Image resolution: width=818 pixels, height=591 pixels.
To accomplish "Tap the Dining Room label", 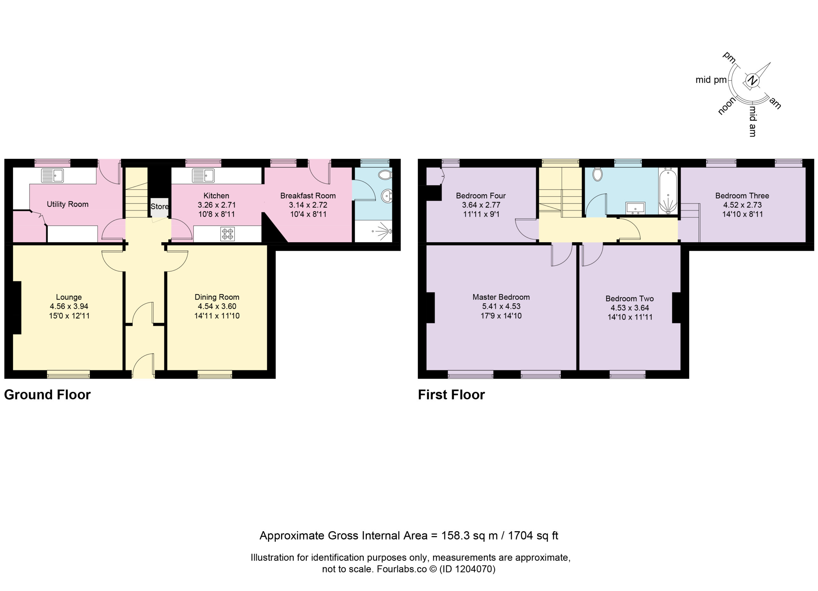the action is click(x=217, y=297).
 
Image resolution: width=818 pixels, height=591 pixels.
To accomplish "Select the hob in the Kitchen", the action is click(x=227, y=234).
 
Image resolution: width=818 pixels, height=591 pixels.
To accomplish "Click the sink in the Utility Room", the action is click(x=52, y=176).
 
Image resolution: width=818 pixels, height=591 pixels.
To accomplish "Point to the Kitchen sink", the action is click(x=203, y=176).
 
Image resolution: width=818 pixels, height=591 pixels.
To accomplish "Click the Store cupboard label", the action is click(x=159, y=206).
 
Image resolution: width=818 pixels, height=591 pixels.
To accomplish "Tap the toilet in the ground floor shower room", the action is click(x=385, y=175).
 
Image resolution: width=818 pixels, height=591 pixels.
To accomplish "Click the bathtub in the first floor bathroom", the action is click(x=668, y=191).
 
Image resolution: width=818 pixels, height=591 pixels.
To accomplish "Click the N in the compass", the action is click(x=752, y=80).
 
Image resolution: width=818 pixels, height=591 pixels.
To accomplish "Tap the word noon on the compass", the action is click(x=726, y=106).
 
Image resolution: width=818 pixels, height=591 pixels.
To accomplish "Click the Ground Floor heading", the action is click(x=47, y=395).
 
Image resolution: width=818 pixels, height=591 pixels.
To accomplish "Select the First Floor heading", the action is click(x=451, y=395).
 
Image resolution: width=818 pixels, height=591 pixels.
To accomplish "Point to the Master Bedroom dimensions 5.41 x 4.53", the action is click(x=501, y=306).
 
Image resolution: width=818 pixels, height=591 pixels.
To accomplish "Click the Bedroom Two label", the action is click(x=629, y=299).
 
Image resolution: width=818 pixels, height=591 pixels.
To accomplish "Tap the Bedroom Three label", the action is click(x=742, y=196).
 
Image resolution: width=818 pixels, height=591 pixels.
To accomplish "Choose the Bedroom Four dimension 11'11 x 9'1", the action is click(x=481, y=214).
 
